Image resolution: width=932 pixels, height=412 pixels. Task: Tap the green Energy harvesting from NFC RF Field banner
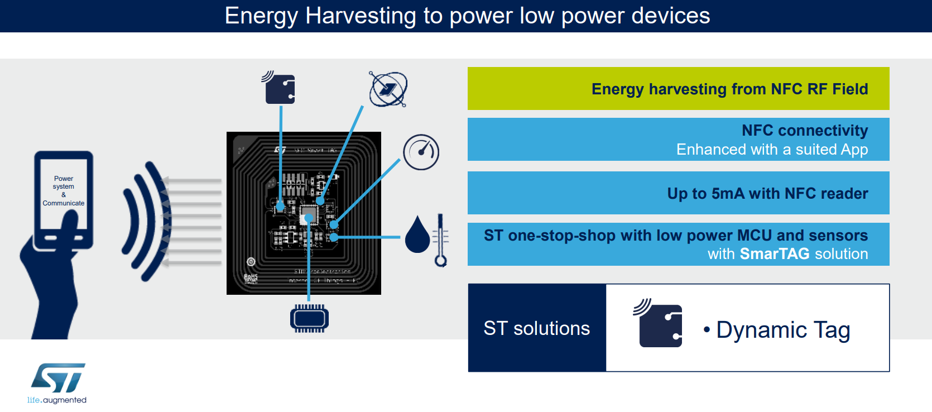click(678, 89)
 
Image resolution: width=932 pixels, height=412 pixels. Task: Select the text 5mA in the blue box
click(728, 194)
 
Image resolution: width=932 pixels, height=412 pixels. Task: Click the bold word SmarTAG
click(774, 254)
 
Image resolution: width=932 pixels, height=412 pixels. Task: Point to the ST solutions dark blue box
click(536, 328)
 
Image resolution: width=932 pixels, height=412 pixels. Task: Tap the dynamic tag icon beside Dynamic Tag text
click(659, 324)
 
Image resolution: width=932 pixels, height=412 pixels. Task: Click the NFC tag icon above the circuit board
click(279, 88)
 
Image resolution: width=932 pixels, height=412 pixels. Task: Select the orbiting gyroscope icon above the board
click(388, 89)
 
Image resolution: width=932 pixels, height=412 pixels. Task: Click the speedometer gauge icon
click(421, 152)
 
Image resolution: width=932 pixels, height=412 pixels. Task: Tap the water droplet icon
click(417, 235)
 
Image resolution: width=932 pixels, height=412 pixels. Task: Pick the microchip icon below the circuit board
click(309, 319)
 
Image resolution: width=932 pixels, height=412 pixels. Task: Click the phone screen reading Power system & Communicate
click(63, 191)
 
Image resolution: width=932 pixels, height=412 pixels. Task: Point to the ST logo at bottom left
click(57, 378)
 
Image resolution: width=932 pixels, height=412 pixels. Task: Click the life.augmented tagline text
click(57, 400)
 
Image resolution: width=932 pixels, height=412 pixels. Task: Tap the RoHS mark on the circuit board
click(251, 277)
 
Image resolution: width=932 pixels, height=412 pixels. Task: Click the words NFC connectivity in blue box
click(804, 131)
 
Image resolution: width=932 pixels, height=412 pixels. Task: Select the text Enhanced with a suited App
click(772, 150)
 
